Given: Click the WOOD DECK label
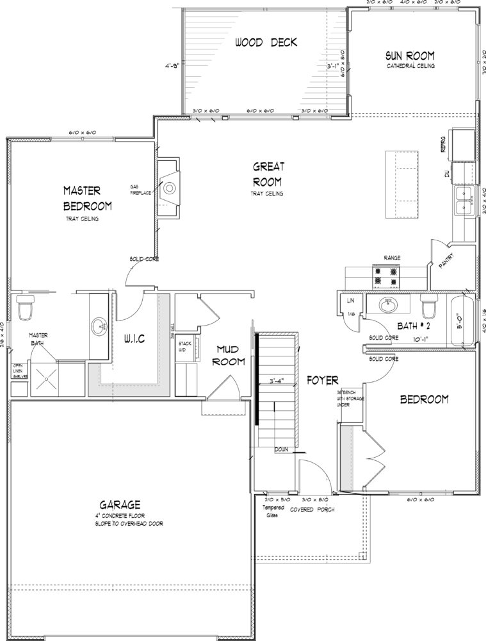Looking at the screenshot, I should pyautogui.click(x=266, y=43).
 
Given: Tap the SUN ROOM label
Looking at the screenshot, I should pyautogui.click(x=410, y=55).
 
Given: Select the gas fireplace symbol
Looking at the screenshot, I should pyautogui.click(x=170, y=188).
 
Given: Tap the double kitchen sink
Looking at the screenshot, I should pyautogui.click(x=464, y=202).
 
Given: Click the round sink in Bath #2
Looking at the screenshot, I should pyautogui.click(x=388, y=304).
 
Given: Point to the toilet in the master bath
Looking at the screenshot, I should pyautogui.click(x=25, y=308).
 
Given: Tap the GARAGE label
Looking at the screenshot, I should pyautogui.click(x=120, y=504).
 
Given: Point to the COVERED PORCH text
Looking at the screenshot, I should pyautogui.click(x=312, y=510).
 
